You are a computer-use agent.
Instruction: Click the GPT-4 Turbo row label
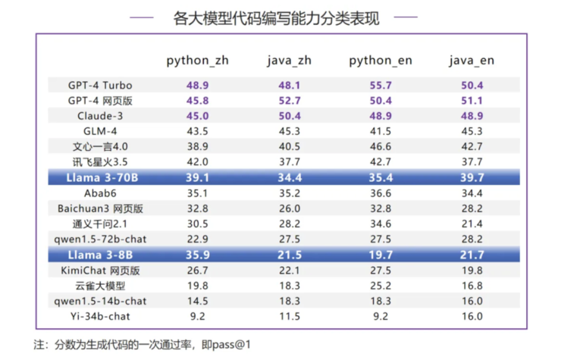pos(100,85)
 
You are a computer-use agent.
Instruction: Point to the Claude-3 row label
pos(100,116)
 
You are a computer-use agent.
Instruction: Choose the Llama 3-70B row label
pos(100,177)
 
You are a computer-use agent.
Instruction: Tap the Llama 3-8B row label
pos(100,255)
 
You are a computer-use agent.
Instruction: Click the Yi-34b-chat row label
pos(100,316)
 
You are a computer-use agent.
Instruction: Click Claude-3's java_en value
pos(471,116)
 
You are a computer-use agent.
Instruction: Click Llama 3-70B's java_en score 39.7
pos(471,177)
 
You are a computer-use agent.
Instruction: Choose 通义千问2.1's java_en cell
pos(471,224)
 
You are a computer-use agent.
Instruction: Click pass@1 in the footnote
pos(234,344)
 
